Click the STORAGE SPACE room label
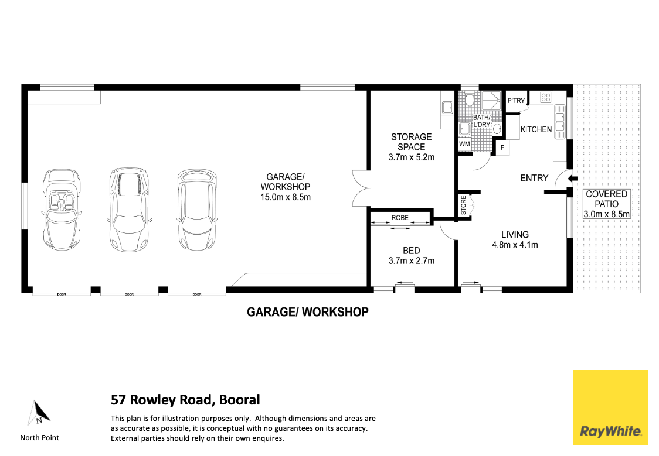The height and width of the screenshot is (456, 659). pos(411,142)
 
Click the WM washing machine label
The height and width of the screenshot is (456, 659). pos(464,143)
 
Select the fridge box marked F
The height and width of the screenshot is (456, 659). pos(502,148)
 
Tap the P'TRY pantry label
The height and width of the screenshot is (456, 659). pos(516,101)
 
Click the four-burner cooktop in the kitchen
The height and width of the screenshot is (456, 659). pos(546,97)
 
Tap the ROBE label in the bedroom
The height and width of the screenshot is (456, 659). pos(400,218)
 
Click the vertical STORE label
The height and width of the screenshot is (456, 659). pos(463,206)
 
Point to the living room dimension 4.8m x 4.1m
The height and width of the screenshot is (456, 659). pos(515,245)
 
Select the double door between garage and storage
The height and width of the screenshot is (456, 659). pos(361,188)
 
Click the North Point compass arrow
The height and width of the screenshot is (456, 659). pos(39,413)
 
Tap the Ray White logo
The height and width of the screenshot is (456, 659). pos(610,407)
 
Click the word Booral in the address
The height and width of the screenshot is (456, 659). pos(239,400)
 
